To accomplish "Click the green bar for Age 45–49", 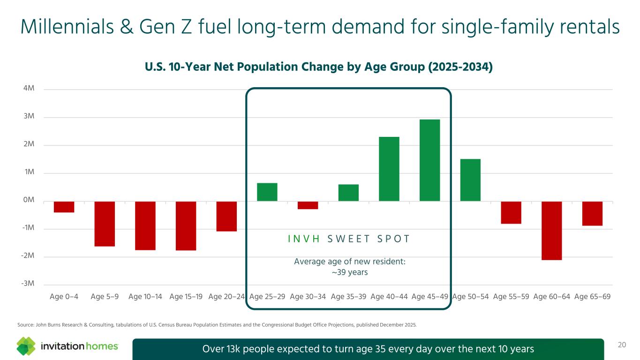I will pos(429,160).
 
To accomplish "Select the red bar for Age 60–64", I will pos(552,230).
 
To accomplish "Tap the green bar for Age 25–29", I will pos(267,192).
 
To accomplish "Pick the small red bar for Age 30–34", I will pos(308,205).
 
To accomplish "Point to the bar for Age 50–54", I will pos(470,180).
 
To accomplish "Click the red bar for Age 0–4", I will pos(64,207).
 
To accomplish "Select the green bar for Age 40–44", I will pos(389,169).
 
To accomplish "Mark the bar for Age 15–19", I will pos(186,225).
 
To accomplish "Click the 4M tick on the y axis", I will pos(29,89).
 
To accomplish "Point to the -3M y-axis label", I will pos(29,284).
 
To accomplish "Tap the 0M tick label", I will pos(29,200).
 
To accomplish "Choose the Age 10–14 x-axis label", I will pos(145,296).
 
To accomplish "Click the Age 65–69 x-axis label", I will pos(592,296).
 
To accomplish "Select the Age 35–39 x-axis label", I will pos(348,296).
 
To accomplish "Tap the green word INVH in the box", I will pos(304,239).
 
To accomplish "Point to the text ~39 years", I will pos(349,272).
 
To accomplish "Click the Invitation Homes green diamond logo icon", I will pos(26,346).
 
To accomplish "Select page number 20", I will pos(622,345).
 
